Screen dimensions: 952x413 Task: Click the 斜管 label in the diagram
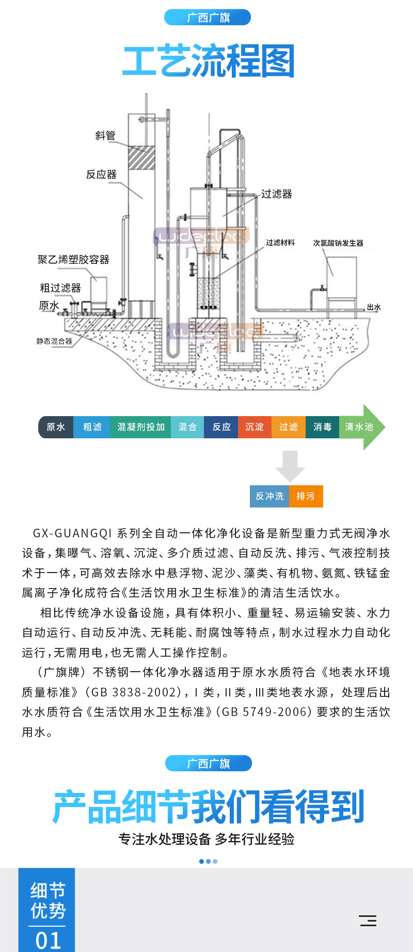[x=105, y=136]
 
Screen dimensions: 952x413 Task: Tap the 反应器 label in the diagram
[x=101, y=174]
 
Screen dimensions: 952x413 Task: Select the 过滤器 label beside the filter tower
[x=277, y=194]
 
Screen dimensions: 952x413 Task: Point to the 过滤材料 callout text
[x=280, y=243]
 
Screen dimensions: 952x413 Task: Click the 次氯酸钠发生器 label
[x=338, y=243]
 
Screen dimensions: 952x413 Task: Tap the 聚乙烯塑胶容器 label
[x=73, y=260]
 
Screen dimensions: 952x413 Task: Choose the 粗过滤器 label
[x=60, y=288]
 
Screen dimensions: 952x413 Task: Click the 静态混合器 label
[x=54, y=341]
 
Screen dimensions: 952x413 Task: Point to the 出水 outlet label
[x=374, y=307]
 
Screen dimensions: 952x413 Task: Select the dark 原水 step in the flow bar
[x=56, y=427]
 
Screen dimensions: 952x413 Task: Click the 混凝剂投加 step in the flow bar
[x=140, y=427]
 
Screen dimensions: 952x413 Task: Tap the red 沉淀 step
[x=255, y=427]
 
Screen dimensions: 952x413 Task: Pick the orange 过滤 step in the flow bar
[x=289, y=427]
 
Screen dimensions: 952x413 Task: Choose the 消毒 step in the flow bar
[x=323, y=427]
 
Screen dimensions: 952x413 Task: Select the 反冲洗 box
[x=269, y=496]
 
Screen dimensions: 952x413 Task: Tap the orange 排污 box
[x=306, y=496]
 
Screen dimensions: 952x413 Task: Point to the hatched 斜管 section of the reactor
[x=141, y=157]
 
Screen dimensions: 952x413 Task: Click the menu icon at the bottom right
[x=368, y=921]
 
